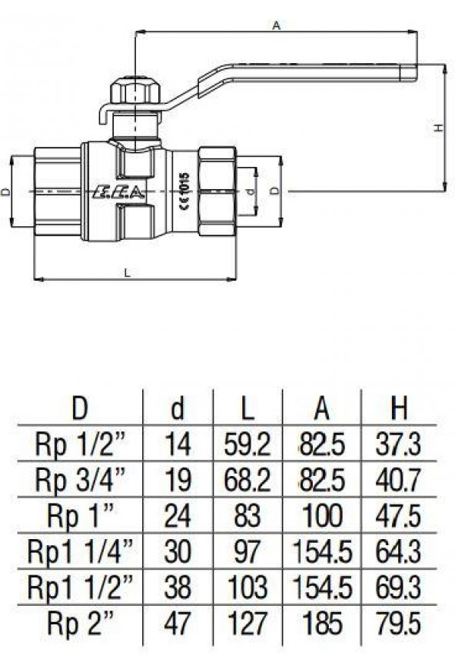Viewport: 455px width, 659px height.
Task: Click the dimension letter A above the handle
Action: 276,25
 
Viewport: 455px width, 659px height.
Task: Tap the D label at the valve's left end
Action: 6,191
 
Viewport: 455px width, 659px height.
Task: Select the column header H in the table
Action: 398,409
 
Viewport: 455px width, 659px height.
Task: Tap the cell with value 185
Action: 322,623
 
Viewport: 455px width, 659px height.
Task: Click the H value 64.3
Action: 398,552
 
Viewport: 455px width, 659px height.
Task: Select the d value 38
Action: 178,587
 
